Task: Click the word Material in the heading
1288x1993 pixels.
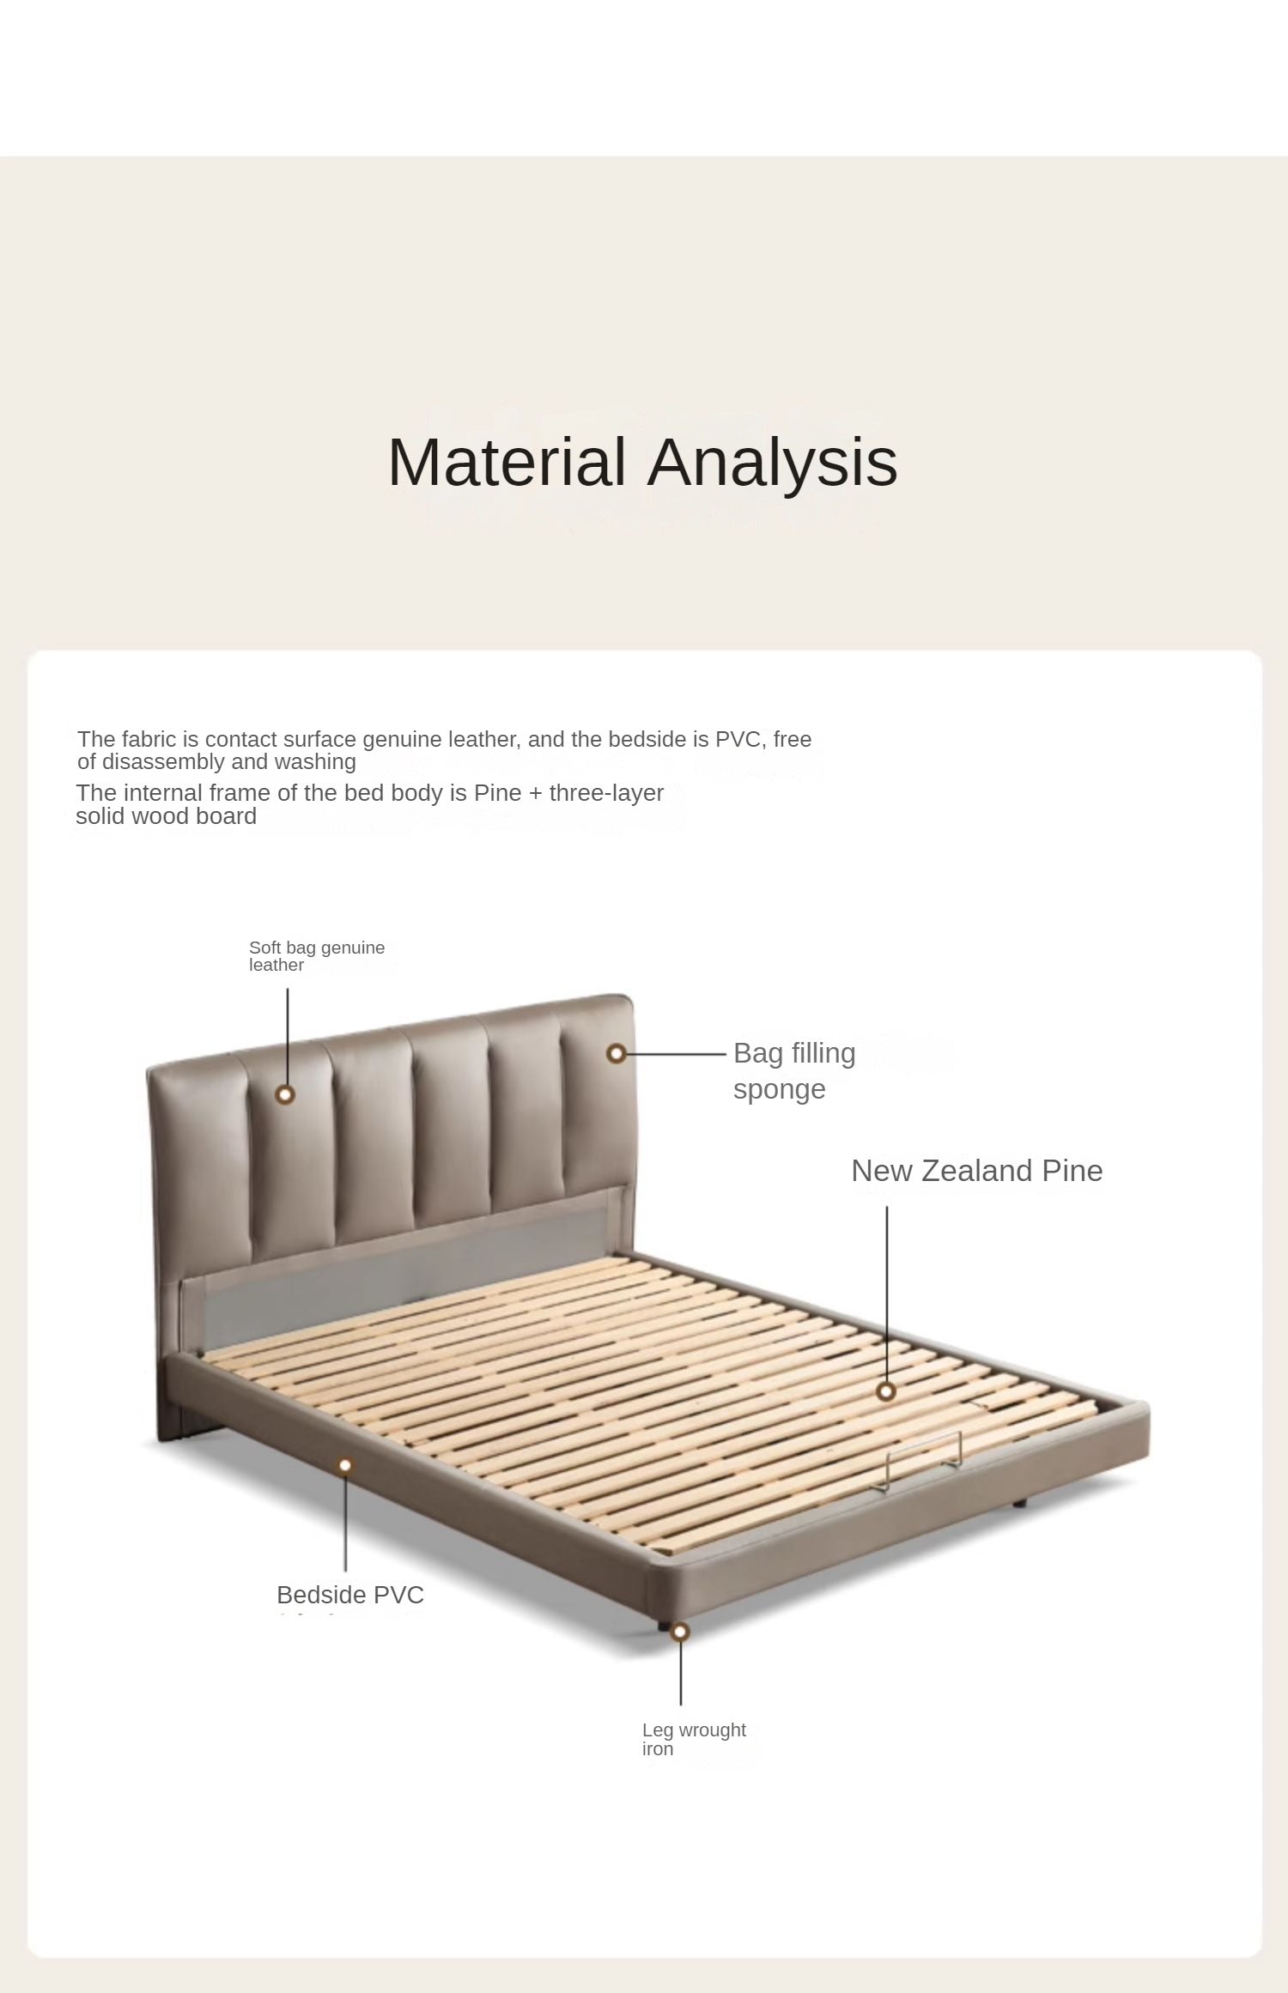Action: pyautogui.click(x=507, y=462)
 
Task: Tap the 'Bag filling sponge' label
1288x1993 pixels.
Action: pyautogui.click(x=794, y=1070)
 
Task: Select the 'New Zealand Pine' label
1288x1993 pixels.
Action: pyautogui.click(x=976, y=1171)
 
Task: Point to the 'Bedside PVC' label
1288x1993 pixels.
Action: pyautogui.click(x=350, y=1595)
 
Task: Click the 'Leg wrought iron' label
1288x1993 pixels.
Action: pyautogui.click(x=694, y=1739)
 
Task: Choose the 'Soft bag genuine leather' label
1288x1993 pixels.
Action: pyautogui.click(x=317, y=956)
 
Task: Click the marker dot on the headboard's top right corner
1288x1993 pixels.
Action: pyautogui.click(x=616, y=1053)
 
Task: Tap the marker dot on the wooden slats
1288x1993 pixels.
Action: pyautogui.click(x=887, y=1391)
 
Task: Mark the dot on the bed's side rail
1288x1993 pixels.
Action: pyautogui.click(x=345, y=1465)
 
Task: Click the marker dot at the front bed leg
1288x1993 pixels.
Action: pyautogui.click(x=680, y=1632)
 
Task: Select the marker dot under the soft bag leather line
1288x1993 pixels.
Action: pyautogui.click(x=286, y=1094)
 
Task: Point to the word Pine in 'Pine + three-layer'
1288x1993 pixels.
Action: pyautogui.click(x=498, y=792)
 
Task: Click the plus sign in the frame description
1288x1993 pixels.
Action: pyautogui.click(x=536, y=793)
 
